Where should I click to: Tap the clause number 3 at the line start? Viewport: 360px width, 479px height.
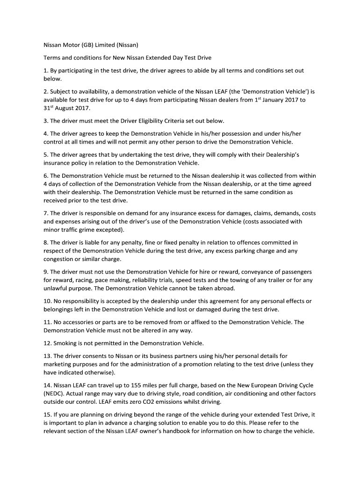point(46,121)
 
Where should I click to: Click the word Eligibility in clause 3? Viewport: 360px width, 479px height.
point(148,121)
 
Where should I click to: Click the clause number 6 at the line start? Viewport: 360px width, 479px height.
point(46,176)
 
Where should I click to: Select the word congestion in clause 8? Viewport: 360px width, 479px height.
point(60,259)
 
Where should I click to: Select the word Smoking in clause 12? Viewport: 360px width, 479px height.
point(66,343)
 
